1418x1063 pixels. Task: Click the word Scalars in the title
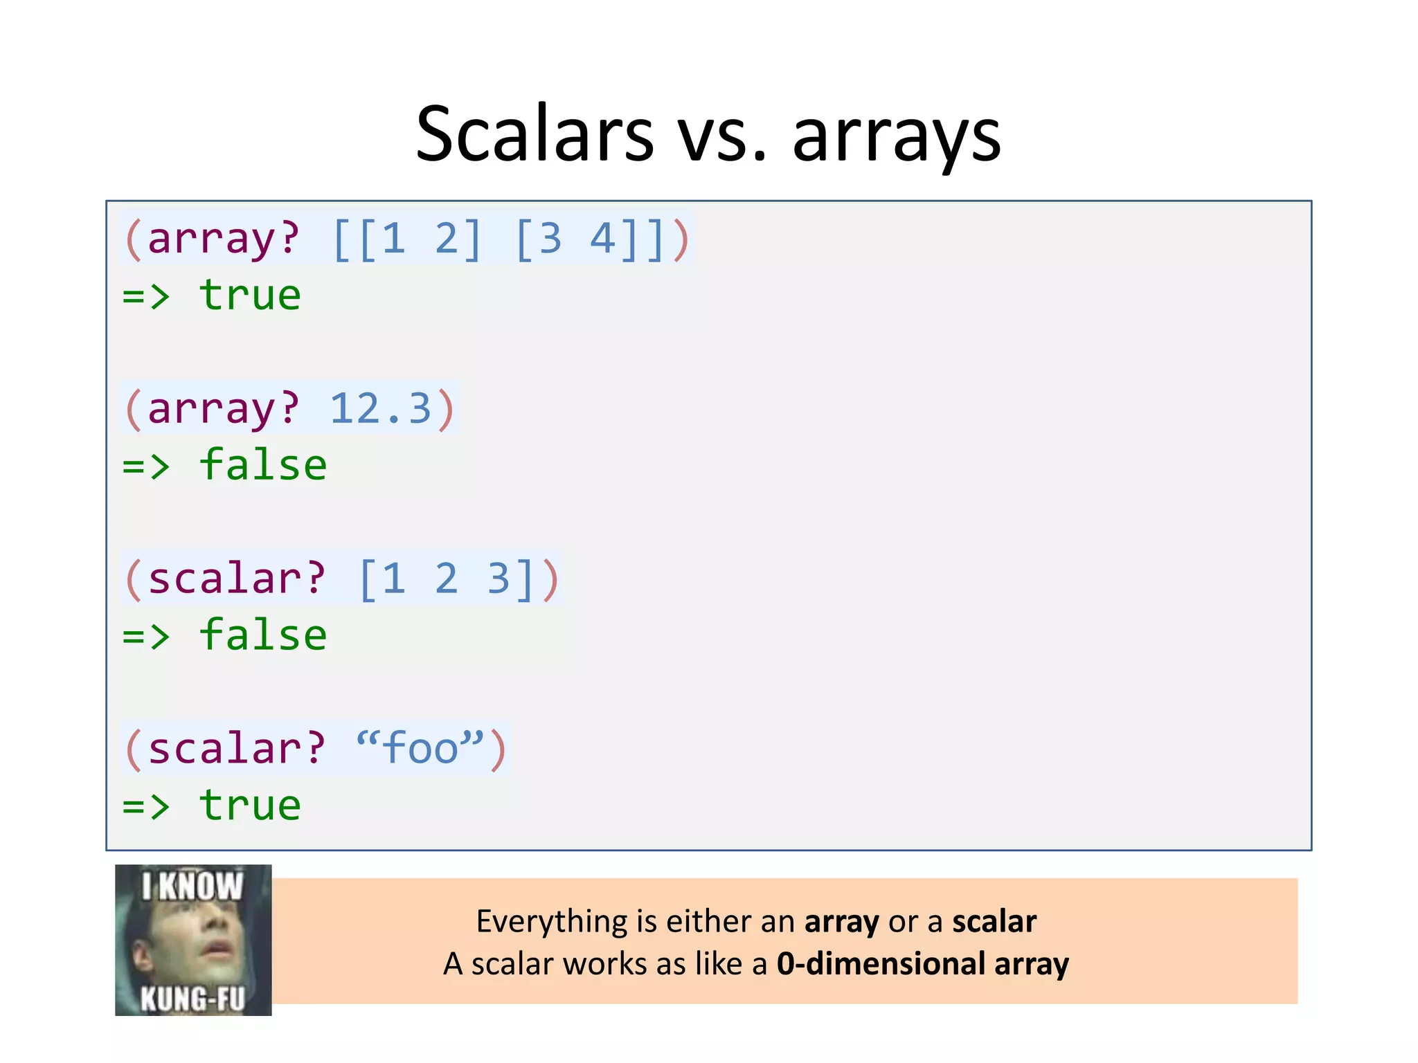[535, 134]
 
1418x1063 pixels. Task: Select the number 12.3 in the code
[380, 408]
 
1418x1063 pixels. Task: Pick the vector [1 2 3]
[447, 579]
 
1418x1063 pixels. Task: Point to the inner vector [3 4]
[565, 239]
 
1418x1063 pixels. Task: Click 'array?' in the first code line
[223, 239]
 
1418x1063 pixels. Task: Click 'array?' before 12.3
[223, 408]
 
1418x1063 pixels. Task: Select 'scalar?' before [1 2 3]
[236, 579]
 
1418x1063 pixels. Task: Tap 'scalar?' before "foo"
[236, 748]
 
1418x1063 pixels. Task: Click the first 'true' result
[249, 296]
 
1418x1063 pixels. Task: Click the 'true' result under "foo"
[249, 806]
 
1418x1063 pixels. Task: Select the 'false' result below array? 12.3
[262, 465]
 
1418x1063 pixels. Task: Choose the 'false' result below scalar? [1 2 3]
[262, 635]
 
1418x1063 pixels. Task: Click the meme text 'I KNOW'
[192, 887]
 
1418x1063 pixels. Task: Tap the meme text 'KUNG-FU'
[192, 999]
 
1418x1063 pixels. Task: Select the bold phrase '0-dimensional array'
[922, 964]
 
